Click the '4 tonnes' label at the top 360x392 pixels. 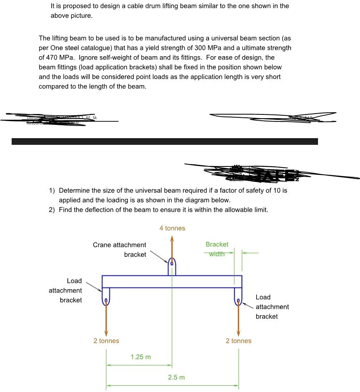click(172, 228)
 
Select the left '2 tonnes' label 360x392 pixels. click(106, 341)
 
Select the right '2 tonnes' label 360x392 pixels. click(239, 341)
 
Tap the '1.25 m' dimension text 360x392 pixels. click(141, 357)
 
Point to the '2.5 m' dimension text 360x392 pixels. click(176, 377)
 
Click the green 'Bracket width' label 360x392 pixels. click(217, 249)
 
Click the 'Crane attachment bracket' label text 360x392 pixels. click(119, 250)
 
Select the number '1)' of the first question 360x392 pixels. click(52, 191)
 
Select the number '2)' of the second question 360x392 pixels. click(52, 210)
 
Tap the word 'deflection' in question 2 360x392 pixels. click(101, 210)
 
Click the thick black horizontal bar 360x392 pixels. click(165, 141)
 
